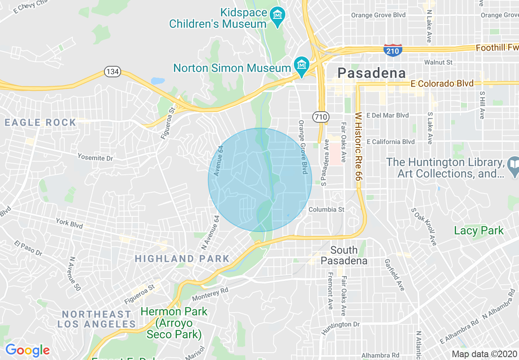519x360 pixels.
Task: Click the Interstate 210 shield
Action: tap(393, 50)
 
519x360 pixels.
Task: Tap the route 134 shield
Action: tap(112, 72)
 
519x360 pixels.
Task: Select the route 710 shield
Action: tap(320, 117)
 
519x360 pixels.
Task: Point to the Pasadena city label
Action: tap(372, 73)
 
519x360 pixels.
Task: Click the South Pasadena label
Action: tap(344, 255)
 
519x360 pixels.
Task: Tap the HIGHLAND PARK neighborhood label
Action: tap(182, 259)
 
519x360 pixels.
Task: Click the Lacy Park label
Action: tap(479, 231)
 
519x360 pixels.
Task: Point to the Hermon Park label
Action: tap(174, 323)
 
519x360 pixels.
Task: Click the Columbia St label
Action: tap(326, 209)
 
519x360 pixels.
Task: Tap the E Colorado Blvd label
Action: tap(442, 84)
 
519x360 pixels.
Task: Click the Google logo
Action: tap(27, 350)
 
